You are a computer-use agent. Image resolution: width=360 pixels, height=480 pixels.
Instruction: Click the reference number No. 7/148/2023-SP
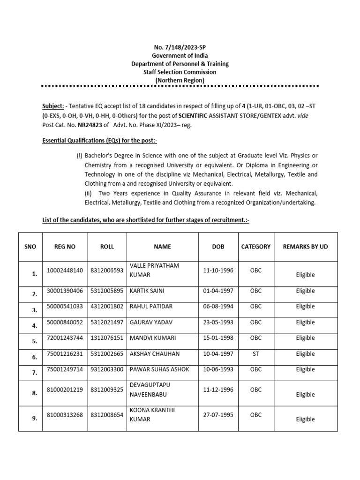pos(180,47)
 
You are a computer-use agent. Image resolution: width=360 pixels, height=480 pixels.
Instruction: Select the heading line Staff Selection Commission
pos(180,72)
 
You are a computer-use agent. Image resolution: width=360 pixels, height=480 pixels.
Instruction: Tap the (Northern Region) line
pos(180,80)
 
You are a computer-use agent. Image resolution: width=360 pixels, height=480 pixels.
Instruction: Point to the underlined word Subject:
pos(52,106)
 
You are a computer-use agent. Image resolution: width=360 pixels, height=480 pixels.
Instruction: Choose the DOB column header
pos(218,247)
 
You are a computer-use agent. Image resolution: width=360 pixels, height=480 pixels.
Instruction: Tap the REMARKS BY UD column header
pos(305,247)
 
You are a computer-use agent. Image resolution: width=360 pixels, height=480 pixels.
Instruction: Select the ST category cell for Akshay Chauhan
pos(255,354)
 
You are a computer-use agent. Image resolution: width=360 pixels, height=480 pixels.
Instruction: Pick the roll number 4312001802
pos(107,306)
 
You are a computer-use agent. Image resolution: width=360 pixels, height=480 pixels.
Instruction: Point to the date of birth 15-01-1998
pos(218,338)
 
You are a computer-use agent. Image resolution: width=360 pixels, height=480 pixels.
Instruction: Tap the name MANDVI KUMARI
pos(150,338)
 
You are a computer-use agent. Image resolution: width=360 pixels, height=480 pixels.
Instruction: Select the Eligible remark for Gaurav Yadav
pos(305,322)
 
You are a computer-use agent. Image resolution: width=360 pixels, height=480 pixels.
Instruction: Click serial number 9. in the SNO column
pos(35,419)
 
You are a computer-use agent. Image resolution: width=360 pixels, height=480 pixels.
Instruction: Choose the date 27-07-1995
pos(218,414)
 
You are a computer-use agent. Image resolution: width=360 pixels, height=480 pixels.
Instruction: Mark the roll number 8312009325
pos(107,390)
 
